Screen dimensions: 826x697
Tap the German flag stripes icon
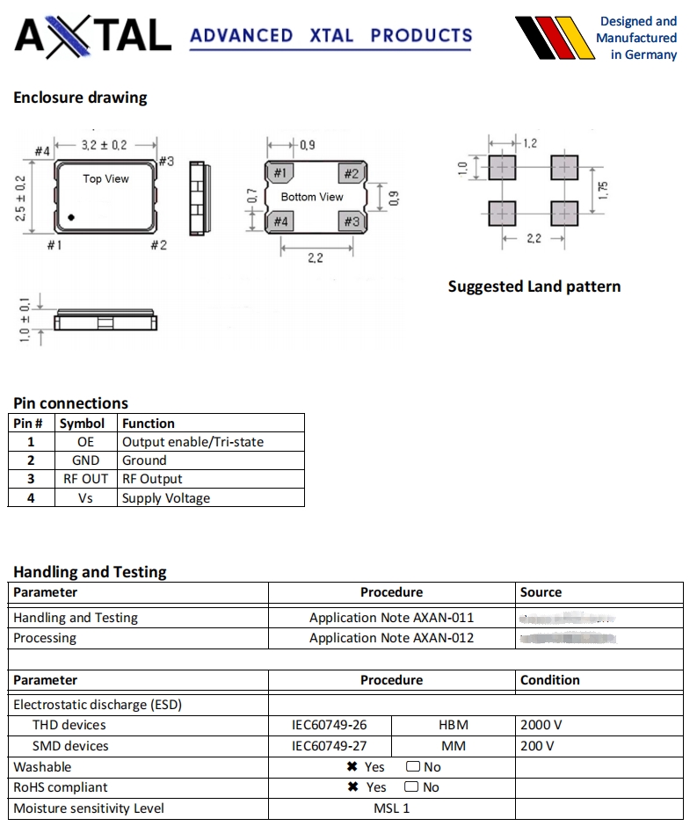[551, 37]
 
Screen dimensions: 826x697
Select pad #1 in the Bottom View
[280, 173]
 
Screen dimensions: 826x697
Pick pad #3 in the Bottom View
[351, 221]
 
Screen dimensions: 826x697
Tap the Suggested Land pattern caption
[534, 286]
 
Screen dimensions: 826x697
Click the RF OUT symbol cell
[85, 479]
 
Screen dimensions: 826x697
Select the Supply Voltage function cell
[166, 498]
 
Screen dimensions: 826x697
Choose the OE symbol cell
[85, 442]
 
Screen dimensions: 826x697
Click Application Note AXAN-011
[391, 618]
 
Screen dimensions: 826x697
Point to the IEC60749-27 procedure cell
[330, 746]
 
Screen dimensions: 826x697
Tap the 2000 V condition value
[541, 725]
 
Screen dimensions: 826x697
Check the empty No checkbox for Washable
[411, 767]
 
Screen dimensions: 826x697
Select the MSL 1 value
[391, 808]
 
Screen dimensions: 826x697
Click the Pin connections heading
[70, 403]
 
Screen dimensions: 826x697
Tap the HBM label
[453, 725]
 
